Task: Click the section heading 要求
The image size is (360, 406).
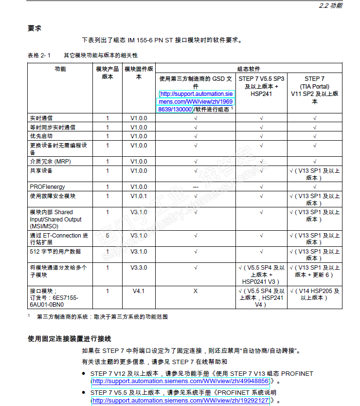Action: pyautogui.click(x=35, y=28)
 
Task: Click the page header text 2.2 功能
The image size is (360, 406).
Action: pyautogui.click(x=330, y=6)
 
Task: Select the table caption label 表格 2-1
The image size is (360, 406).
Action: pyautogui.click(x=39, y=55)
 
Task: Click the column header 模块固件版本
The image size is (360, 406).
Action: pyautogui.click(x=139, y=73)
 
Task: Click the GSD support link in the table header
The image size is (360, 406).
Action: pyautogui.click(x=195, y=101)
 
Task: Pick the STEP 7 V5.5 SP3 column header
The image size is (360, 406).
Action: pyautogui.click(x=261, y=86)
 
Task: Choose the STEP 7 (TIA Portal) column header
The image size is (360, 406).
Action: pyautogui.click(x=314, y=90)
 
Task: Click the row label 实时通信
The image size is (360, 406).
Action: pyautogui.click(x=41, y=118)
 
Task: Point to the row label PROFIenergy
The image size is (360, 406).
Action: pyautogui.click(x=47, y=187)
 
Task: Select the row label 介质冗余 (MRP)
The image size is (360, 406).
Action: pyautogui.click(x=50, y=162)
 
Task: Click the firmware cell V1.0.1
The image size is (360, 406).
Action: pyautogui.click(x=139, y=196)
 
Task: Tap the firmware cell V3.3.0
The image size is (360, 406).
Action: pyautogui.click(x=139, y=268)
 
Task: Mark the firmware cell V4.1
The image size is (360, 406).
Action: pyautogui.click(x=139, y=291)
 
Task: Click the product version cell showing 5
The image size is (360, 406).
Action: pyautogui.click(x=108, y=236)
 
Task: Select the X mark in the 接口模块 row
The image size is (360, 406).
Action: pyautogui.click(x=195, y=291)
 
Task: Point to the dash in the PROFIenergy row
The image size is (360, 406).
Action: pyautogui.click(x=195, y=187)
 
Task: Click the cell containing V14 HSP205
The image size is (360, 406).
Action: pyautogui.click(x=314, y=295)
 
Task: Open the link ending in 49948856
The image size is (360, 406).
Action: pyautogui.click(x=180, y=381)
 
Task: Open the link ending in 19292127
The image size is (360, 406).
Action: pyautogui.click(x=180, y=401)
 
